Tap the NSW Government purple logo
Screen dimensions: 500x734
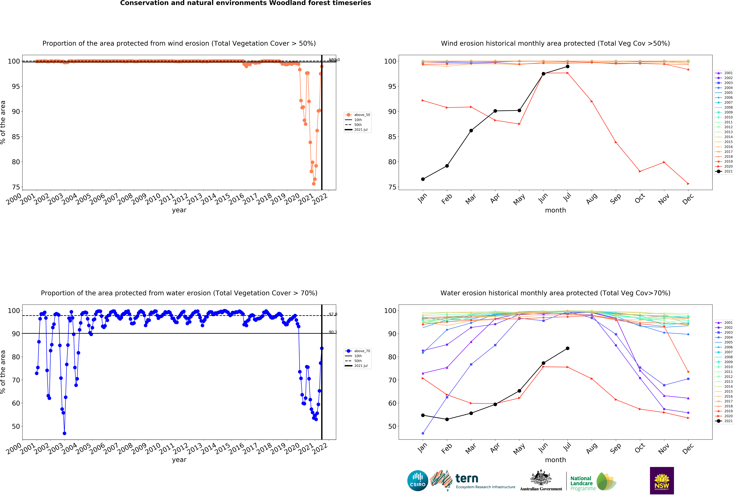tap(662, 480)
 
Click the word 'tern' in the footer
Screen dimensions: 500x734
tap(467, 479)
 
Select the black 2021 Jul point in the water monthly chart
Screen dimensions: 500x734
tap(568, 348)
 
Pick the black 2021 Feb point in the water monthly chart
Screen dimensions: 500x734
tap(447, 419)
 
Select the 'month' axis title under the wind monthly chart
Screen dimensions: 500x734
tap(555, 210)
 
